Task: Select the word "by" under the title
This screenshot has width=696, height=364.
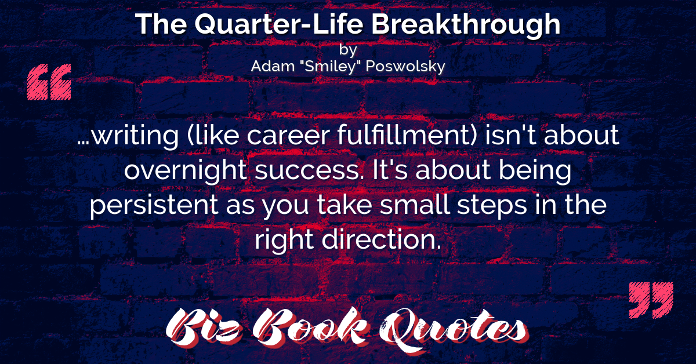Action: pyautogui.click(x=347, y=50)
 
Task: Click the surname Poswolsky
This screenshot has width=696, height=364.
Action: pyautogui.click(x=405, y=67)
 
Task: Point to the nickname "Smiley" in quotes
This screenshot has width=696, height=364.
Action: pyautogui.click(x=330, y=65)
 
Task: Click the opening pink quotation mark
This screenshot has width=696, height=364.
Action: pyautogui.click(x=49, y=82)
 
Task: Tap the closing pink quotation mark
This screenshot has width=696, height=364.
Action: pyautogui.click(x=651, y=300)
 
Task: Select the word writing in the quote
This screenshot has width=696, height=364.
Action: pyautogui.click(x=135, y=137)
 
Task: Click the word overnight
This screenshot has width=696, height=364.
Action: pyautogui.click(x=186, y=172)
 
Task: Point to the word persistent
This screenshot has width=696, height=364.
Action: pyautogui.click(x=154, y=206)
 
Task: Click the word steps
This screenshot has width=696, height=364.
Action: pyautogui.click(x=492, y=206)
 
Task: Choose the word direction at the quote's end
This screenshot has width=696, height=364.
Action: pyautogui.click(x=381, y=239)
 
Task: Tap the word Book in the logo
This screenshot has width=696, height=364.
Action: pyautogui.click(x=310, y=326)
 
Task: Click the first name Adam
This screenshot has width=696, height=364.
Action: pyautogui.click(x=273, y=66)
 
